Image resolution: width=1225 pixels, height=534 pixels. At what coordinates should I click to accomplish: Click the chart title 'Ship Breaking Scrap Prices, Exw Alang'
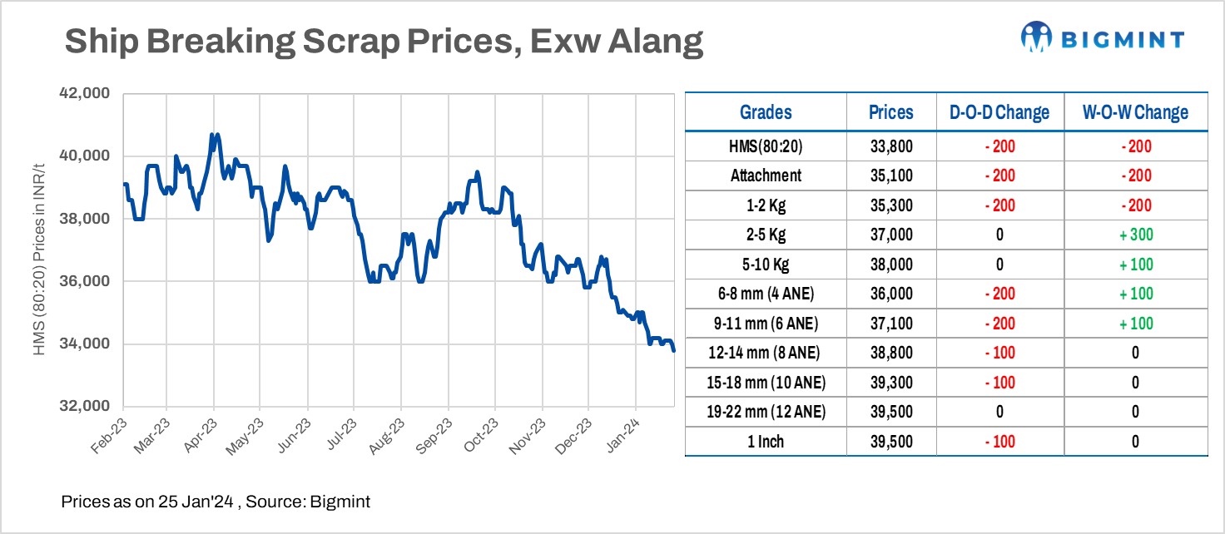coord(384,41)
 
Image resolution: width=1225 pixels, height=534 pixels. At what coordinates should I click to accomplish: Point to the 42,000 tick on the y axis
coord(86,94)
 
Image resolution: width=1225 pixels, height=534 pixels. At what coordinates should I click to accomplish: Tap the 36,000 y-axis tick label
coord(86,281)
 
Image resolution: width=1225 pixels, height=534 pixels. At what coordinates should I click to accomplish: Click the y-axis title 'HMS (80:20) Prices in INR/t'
coord(39,250)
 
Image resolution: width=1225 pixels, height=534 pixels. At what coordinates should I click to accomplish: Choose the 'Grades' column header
coord(766,112)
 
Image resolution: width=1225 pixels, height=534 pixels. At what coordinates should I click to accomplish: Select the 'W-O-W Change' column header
coord(1135,112)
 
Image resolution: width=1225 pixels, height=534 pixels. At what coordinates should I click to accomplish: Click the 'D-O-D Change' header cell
coord(999,112)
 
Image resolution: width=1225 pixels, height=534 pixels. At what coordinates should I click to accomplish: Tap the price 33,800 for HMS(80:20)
coord(890,146)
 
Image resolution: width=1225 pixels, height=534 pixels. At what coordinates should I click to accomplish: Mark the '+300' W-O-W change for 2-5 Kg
coord(1135,235)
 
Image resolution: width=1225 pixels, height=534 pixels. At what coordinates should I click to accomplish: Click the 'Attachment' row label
coord(766,176)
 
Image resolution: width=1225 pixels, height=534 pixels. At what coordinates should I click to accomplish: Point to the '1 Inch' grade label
coord(766,442)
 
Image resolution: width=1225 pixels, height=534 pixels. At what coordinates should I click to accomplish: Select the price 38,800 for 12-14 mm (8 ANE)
coord(890,353)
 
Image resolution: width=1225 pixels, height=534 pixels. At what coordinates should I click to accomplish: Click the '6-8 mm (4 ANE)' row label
coord(766,294)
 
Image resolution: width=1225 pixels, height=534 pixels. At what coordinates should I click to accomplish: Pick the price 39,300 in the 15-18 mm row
coord(890,383)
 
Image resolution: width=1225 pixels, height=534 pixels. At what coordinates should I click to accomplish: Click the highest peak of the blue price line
coord(214,134)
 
